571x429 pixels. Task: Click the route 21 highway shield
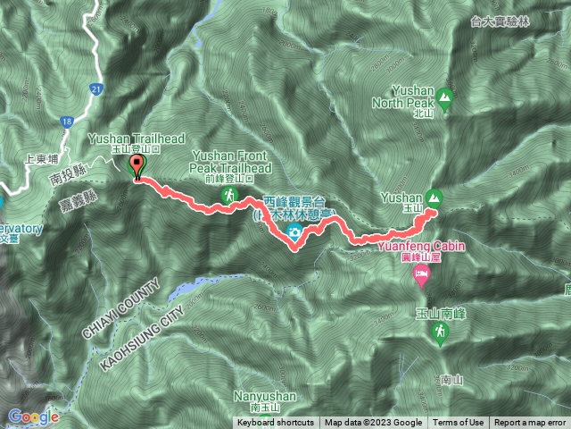(x=95, y=88)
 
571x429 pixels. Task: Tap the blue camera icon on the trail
(x=293, y=234)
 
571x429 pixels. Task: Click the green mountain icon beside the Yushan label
(x=434, y=197)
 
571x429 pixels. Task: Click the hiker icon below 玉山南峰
(x=439, y=333)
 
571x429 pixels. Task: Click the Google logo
(x=33, y=416)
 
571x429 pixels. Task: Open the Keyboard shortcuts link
(x=275, y=423)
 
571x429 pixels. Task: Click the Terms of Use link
(x=459, y=423)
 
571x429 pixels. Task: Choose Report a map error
(x=530, y=423)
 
